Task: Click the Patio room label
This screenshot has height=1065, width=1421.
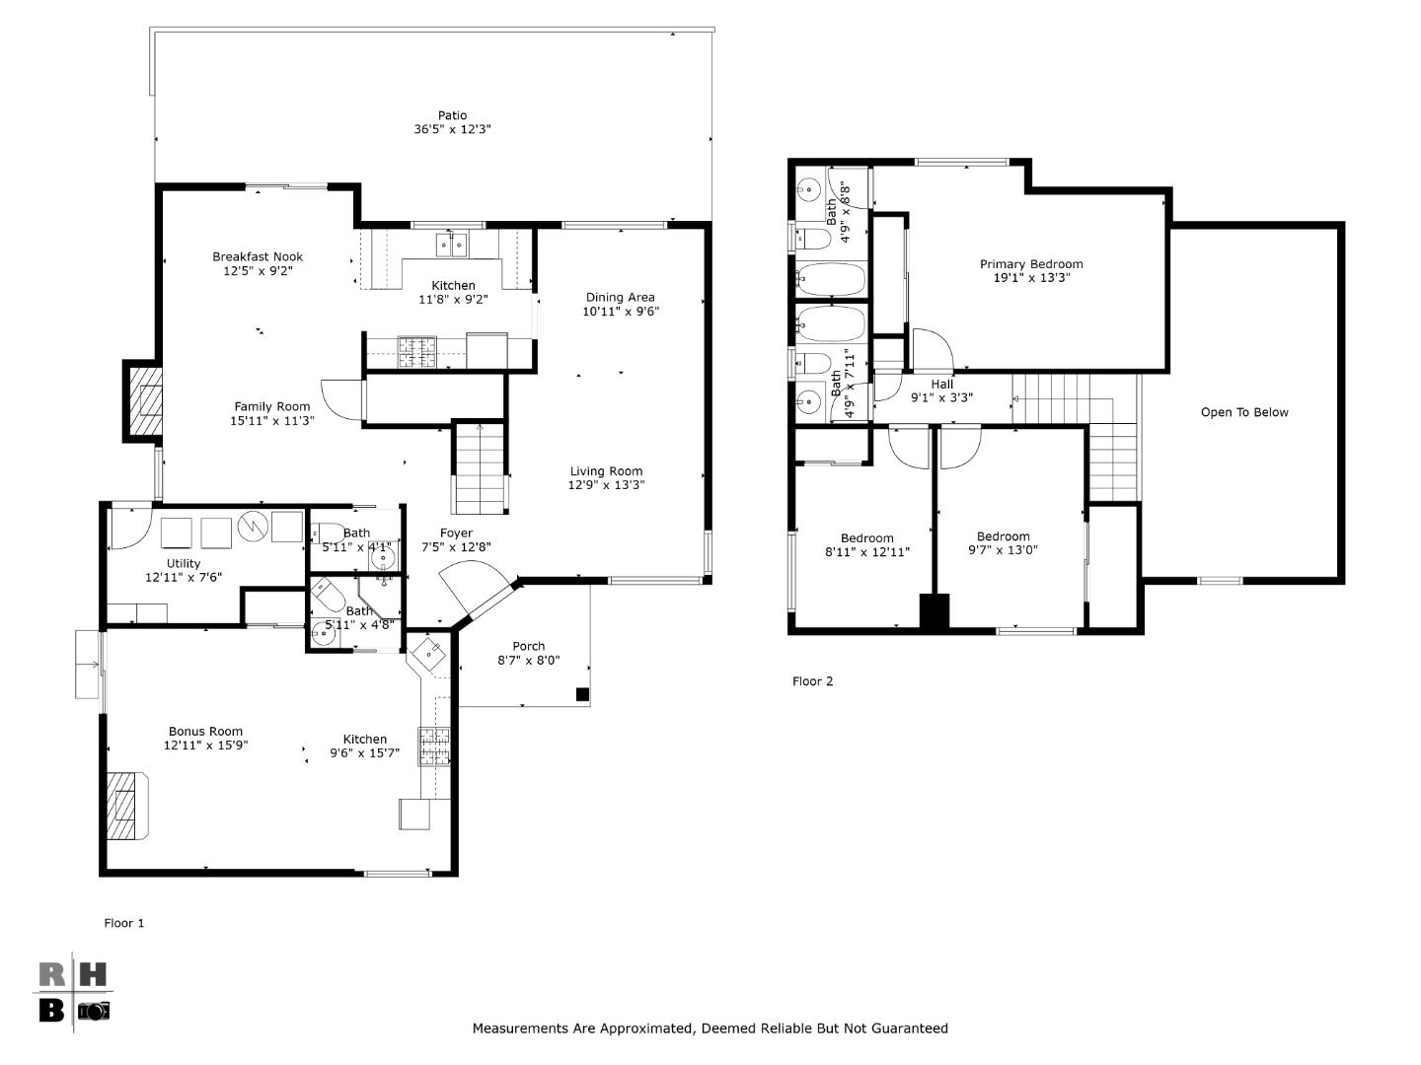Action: (x=452, y=115)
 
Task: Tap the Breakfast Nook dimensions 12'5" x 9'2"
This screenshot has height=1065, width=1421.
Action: (x=258, y=270)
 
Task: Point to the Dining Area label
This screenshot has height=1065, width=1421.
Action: (x=620, y=297)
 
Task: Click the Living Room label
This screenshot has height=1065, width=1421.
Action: (x=606, y=471)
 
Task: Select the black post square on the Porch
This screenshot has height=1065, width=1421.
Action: (x=582, y=695)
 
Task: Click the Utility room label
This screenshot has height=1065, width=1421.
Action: (x=184, y=563)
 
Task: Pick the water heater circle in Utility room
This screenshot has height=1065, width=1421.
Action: (x=255, y=528)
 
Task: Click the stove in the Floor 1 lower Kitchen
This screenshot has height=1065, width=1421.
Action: (x=434, y=746)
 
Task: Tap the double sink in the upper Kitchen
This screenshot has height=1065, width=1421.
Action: (x=452, y=244)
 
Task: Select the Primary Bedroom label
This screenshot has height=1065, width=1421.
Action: (x=1031, y=264)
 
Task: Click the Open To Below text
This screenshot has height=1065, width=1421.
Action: (x=1244, y=412)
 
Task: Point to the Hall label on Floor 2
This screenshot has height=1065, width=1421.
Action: (x=941, y=385)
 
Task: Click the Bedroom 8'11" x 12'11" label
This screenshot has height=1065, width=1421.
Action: (x=866, y=538)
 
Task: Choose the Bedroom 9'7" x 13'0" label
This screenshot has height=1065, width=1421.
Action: (x=1003, y=537)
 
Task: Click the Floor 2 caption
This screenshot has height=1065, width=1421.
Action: (x=813, y=681)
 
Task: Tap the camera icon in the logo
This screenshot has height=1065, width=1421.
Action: (x=95, y=1011)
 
